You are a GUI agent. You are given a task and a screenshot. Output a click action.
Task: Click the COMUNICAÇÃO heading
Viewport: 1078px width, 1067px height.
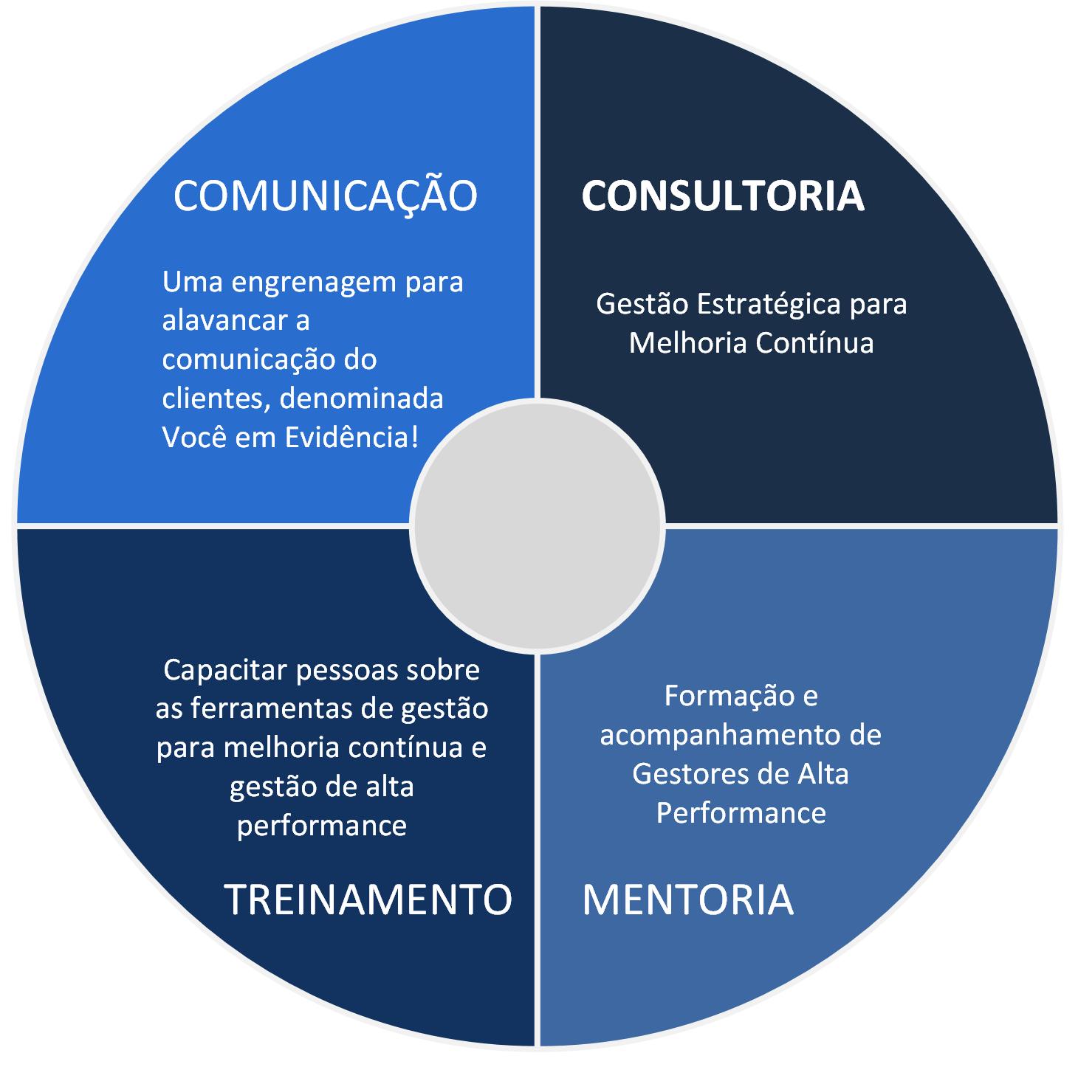click(x=325, y=196)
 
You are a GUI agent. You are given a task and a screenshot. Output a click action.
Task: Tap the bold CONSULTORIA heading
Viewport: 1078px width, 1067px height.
click(x=723, y=196)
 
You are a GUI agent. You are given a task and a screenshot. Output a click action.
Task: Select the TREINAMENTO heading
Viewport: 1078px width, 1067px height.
click(x=368, y=899)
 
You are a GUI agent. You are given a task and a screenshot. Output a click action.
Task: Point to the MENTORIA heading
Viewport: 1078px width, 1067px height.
click(x=687, y=899)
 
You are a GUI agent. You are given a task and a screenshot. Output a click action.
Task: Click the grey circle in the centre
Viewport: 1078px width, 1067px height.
click(x=537, y=526)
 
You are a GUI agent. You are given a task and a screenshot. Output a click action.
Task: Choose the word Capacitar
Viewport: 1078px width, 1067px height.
click(x=222, y=670)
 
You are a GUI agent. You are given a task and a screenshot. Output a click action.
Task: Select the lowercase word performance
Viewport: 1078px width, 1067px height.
click(x=322, y=825)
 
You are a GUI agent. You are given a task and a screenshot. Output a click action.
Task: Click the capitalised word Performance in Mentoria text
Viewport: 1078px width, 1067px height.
click(x=741, y=812)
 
